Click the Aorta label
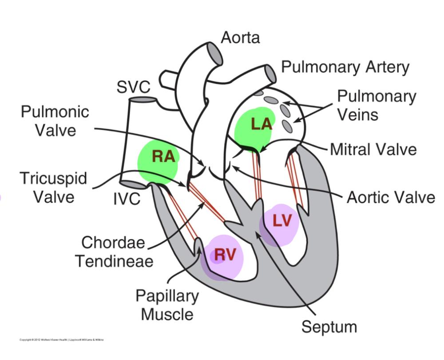click(240, 37)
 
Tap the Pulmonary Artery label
click(345, 67)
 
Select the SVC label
click(133, 87)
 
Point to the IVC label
click(127, 199)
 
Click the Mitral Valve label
click(373, 149)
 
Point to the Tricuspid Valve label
click(54, 187)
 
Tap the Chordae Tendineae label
click(114, 252)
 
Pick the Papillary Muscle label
click(167, 305)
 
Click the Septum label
click(329, 327)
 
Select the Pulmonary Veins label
click(377, 105)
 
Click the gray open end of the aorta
click(216, 54)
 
